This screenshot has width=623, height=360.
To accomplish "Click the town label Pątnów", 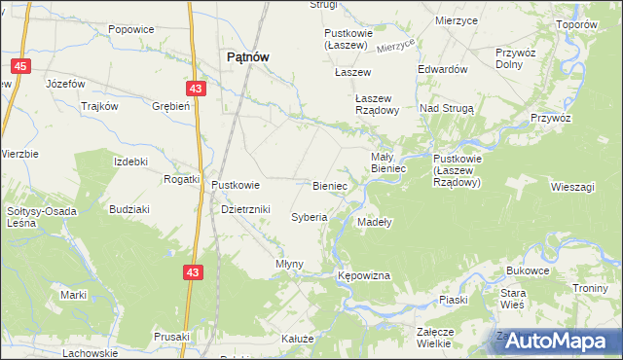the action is point(247,56).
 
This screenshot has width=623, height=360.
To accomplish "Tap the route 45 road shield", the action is point(19,66).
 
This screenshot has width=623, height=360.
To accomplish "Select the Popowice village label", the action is point(132,29).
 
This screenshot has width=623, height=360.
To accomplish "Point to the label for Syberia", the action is point(309,217).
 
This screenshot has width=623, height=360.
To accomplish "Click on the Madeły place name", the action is point(374,222).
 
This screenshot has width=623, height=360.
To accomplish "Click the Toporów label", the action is point(575,24).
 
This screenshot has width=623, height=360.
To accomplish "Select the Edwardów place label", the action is point(443,70).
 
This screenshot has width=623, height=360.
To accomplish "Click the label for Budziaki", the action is point(129,209).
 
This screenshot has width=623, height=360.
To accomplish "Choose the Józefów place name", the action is point(66,85).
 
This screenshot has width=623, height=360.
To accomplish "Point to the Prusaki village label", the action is point(171,336).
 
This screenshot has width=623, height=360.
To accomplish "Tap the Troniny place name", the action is point(590,288).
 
